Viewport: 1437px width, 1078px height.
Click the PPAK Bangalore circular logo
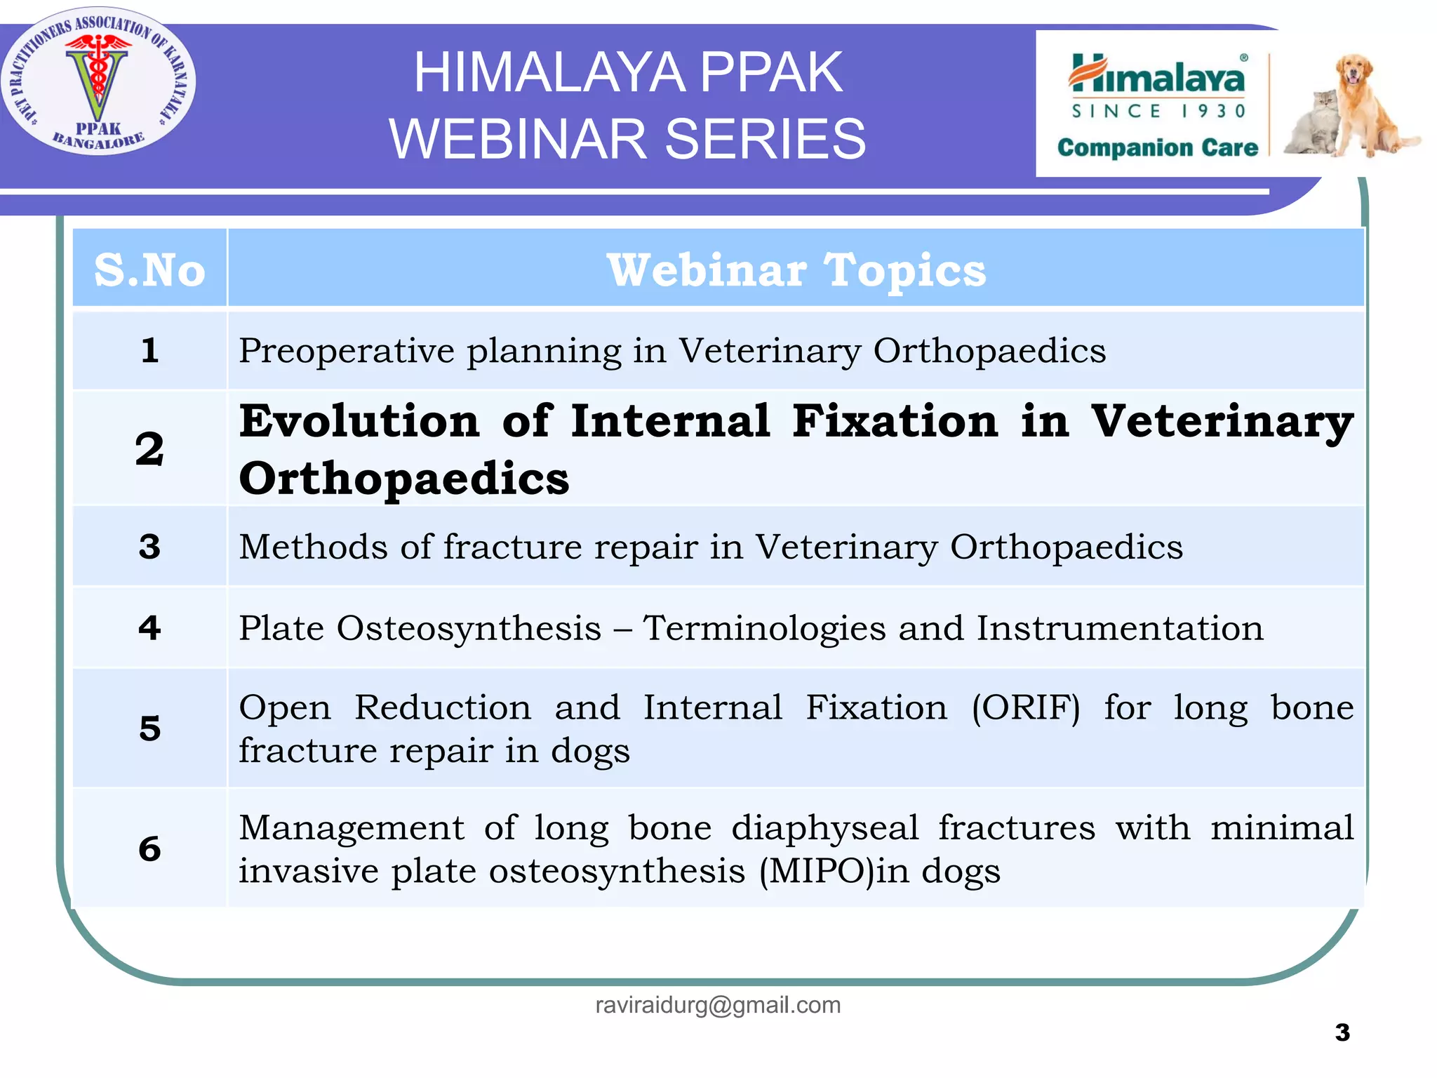click(98, 81)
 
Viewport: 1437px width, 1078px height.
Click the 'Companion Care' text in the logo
click(1158, 148)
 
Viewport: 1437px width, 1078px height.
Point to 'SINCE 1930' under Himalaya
click(1158, 112)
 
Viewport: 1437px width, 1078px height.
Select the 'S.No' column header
click(149, 269)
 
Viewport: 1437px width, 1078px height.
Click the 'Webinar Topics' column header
click(796, 269)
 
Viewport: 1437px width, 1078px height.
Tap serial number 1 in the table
click(149, 350)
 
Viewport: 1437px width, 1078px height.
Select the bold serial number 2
click(149, 449)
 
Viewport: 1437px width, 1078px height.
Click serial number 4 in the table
click(149, 627)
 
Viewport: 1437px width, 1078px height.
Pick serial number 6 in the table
click(149, 849)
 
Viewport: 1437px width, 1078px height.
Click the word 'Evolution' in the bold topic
click(359, 421)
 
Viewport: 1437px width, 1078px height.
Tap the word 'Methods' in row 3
click(313, 547)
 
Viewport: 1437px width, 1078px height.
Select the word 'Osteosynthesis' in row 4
click(469, 628)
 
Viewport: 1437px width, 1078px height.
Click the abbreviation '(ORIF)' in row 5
click(1026, 708)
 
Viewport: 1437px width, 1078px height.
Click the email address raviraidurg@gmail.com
click(718, 1005)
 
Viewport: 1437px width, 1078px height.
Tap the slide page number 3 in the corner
click(1342, 1032)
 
